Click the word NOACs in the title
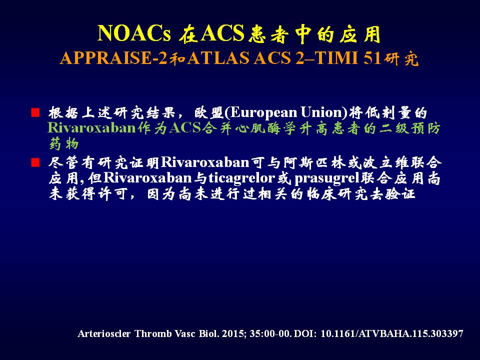[x=134, y=33]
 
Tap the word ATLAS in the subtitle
[x=218, y=58]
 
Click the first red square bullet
[x=35, y=112]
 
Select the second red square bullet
[x=35, y=162]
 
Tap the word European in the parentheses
[x=263, y=112]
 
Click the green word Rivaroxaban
[x=91, y=128]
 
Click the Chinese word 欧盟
[x=209, y=112]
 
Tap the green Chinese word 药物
[x=64, y=144]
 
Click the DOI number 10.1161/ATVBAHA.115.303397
[x=392, y=333]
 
